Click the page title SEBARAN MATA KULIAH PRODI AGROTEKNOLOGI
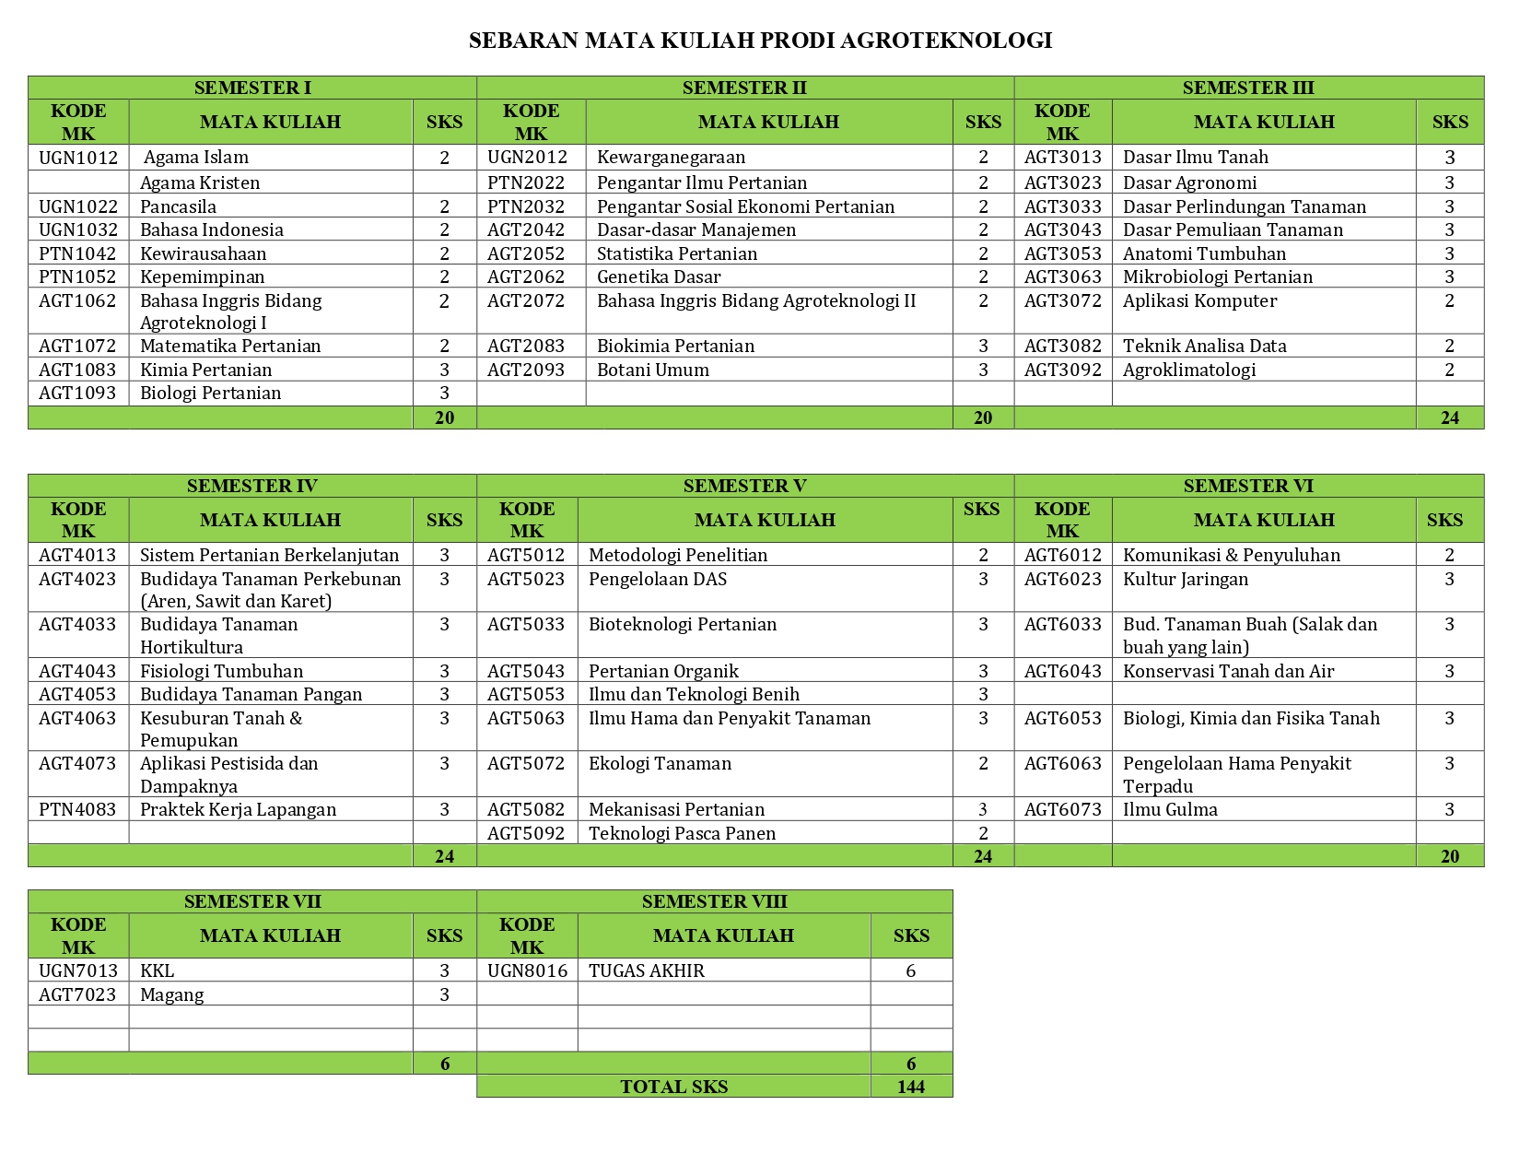(x=760, y=41)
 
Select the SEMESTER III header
(x=1248, y=88)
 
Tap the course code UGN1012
(x=78, y=158)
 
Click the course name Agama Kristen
(x=200, y=182)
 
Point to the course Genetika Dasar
(x=659, y=276)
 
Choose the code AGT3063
(x=1062, y=276)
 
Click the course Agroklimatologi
(x=1189, y=370)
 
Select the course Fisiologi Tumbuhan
(x=221, y=671)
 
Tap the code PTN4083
(x=78, y=809)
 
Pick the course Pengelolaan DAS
(x=658, y=579)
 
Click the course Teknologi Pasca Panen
(x=682, y=833)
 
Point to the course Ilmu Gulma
(x=1170, y=809)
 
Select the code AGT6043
(x=1062, y=671)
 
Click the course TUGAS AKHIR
(x=647, y=970)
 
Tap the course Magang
(x=172, y=994)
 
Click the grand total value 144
(x=910, y=1087)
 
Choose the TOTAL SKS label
(x=673, y=1087)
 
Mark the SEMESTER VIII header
(x=714, y=901)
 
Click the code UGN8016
(x=527, y=970)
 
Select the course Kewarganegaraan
(x=671, y=158)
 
